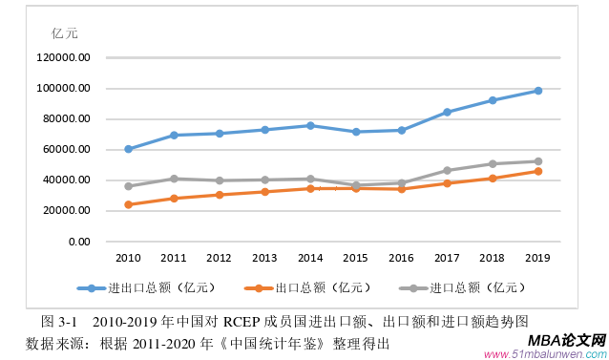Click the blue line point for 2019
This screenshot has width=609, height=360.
pos(538,91)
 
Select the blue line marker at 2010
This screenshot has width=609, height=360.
pos(129,149)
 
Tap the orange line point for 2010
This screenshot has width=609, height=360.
pos(129,204)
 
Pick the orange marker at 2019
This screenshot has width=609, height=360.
pos(538,171)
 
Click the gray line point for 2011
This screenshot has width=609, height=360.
pos(174,179)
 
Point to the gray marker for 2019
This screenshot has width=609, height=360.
pos(538,161)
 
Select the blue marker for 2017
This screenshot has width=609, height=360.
pos(448,112)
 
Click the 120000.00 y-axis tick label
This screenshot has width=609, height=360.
pos(65,57)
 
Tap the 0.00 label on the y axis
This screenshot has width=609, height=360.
pos(78,242)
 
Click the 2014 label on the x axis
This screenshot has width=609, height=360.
pos(310,258)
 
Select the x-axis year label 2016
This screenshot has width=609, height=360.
pos(402,258)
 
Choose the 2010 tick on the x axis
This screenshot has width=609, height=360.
pos(129,258)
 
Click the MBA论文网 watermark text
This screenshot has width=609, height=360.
pos(566,340)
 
